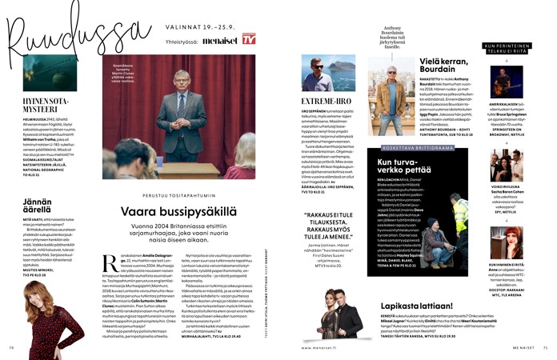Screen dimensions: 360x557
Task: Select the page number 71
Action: click(544, 348)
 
